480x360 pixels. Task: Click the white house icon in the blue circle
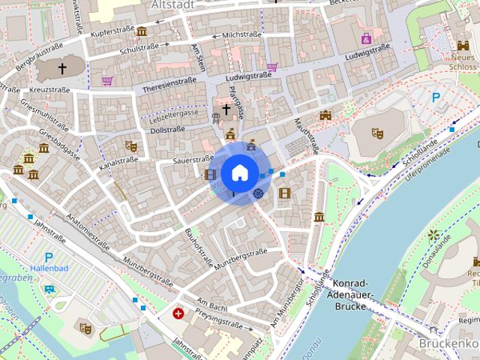[238, 173]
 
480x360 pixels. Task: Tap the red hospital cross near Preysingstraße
[178, 313]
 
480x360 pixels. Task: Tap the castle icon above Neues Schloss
[463, 46]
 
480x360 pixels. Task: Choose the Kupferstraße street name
[112, 34]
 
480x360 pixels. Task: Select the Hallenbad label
[49, 268]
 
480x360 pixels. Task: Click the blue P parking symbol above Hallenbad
[49, 256]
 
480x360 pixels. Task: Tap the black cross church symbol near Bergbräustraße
[62, 69]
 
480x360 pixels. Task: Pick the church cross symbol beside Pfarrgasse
[226, 109]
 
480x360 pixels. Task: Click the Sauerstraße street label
[193, 159]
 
